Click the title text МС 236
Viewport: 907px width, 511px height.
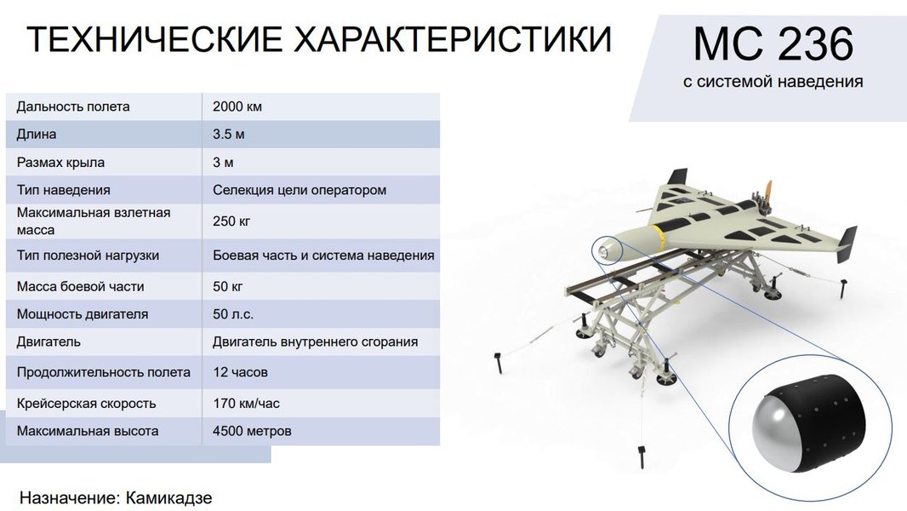[772, 45]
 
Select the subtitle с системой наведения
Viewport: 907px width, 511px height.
[773, 83]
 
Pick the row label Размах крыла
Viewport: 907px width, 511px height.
[60, 162]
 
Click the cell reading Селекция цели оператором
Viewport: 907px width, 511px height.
[299, 190]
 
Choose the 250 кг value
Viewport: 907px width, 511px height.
[231, 221]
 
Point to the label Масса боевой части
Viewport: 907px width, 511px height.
[80, 285]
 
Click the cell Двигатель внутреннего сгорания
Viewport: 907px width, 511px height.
[315, 342]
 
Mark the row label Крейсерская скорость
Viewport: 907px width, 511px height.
[86, 403]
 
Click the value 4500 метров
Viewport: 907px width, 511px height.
[252, 431]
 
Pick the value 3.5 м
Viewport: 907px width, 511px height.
[230, 135]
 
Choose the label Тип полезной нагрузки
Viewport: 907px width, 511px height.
[88, 255]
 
